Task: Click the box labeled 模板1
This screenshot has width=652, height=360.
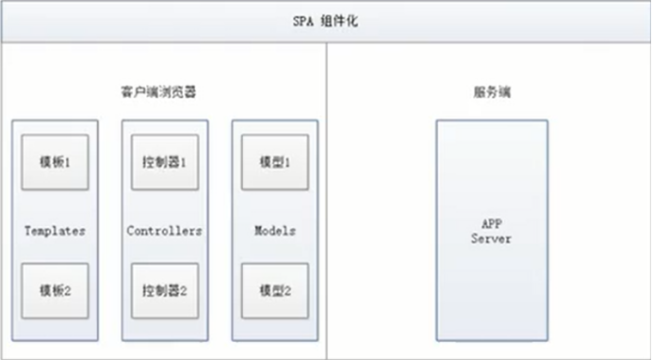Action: coord(56,161)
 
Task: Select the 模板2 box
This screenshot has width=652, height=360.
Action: coord(56,290)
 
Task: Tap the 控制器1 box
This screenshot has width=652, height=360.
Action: coord(165,161)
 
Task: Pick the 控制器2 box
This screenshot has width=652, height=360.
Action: coord(165,290)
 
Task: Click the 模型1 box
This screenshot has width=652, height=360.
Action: coord(275,161)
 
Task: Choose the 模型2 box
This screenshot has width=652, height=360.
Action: coord(275,290)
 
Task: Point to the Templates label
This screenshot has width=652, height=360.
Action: coord(56,230)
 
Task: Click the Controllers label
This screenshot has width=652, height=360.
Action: coord(165,230)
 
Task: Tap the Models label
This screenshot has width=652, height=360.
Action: coord(275,230)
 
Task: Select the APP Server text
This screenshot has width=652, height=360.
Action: coord(491,232)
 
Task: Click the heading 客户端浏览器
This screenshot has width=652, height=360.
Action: coord(165,93)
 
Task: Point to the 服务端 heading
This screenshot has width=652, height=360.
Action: coord(492,93)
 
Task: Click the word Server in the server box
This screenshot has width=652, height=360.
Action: coord(491,239)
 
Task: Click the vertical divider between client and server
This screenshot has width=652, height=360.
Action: coord(327,198)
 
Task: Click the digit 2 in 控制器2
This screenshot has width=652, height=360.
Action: coord(184,290)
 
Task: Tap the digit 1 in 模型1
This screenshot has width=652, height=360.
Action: coord(289,161)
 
